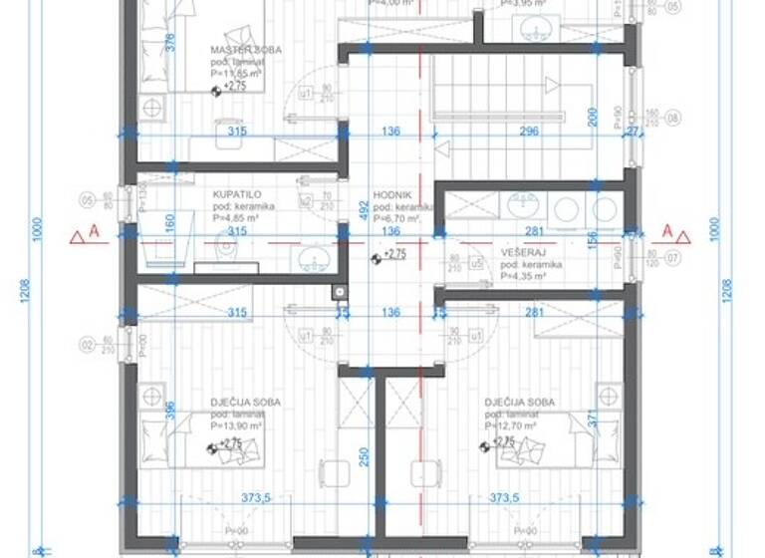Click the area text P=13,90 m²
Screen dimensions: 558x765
[x=245, y=424]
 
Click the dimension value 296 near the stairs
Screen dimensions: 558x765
[x=529, y=131]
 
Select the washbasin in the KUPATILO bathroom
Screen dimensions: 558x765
[x=313, y=259]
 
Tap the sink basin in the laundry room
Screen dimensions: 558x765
[x=520, y=206]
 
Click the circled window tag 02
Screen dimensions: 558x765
[x=88, y=345]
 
